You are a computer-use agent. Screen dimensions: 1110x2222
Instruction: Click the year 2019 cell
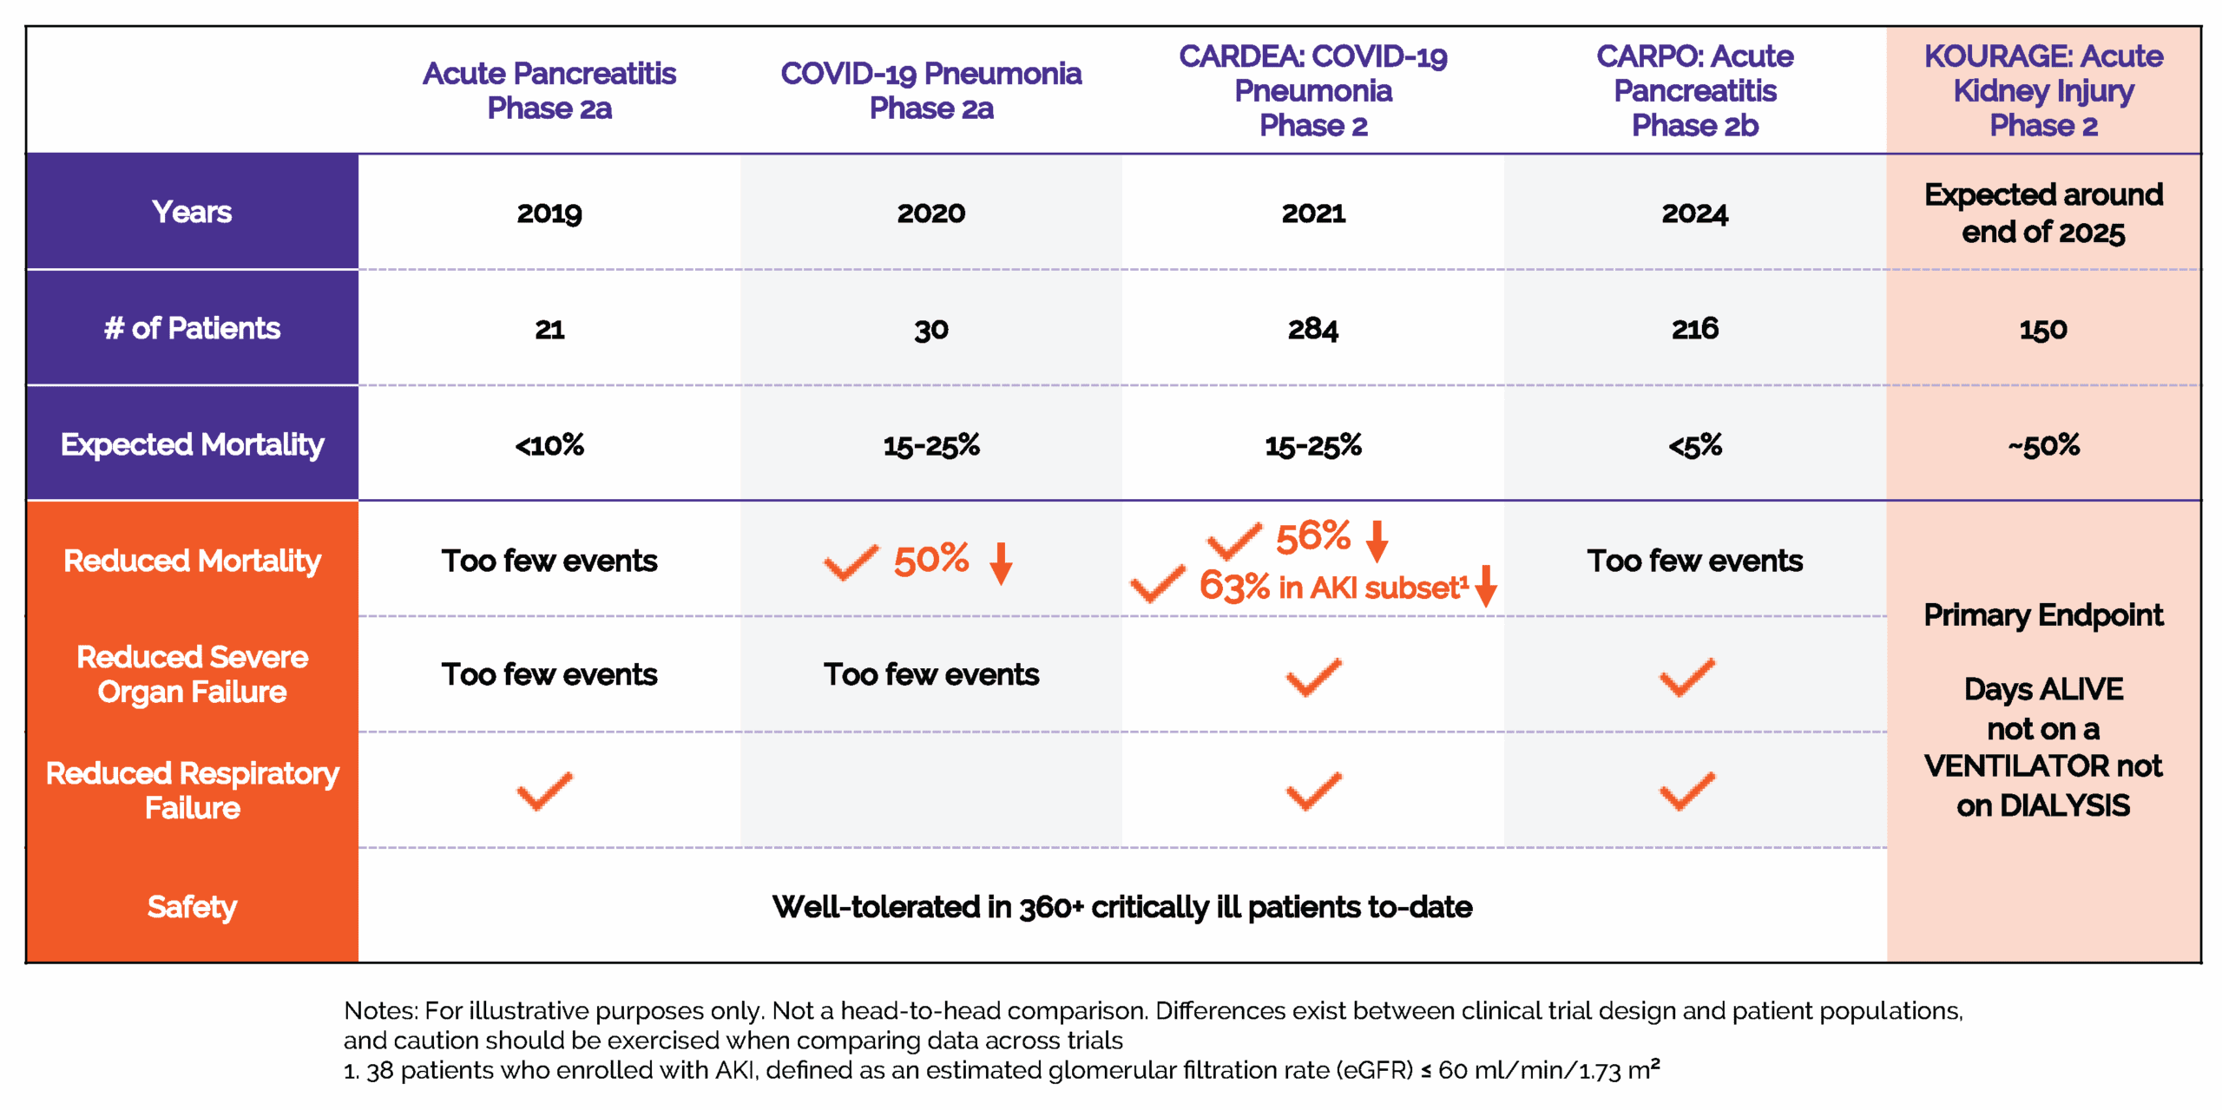[549, 213]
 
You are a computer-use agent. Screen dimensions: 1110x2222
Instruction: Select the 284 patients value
[1312, 330]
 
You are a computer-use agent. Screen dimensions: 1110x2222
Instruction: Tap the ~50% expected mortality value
[2043, 446]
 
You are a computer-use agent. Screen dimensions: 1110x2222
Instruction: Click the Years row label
[192, 213]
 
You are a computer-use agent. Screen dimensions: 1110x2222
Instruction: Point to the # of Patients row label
[192, 329]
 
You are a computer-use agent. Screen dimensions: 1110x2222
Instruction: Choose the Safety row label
[192, 907]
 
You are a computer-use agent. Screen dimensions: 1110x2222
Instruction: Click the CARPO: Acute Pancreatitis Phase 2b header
[1694, 91]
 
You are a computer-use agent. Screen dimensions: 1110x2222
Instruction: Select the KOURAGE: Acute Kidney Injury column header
[2043, 91]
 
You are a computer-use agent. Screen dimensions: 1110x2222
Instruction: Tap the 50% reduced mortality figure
[931, 560]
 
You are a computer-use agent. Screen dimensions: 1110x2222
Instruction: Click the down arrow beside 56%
[1377, 541]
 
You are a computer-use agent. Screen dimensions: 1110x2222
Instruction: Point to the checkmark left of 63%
[1157, 584]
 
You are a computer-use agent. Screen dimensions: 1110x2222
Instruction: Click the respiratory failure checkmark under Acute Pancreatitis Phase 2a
[544, 791]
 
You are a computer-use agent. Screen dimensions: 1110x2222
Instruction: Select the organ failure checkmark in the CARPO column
[1686, 677]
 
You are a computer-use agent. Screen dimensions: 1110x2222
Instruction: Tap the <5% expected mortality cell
[1694, 446]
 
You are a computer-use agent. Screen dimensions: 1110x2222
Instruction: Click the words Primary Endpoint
[2043, 615]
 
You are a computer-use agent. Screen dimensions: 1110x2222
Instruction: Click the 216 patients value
[1694, 329]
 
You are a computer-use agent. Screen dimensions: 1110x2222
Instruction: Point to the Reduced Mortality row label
[192, 562]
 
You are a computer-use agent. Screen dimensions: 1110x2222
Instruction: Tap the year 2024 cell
[1694, 213]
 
